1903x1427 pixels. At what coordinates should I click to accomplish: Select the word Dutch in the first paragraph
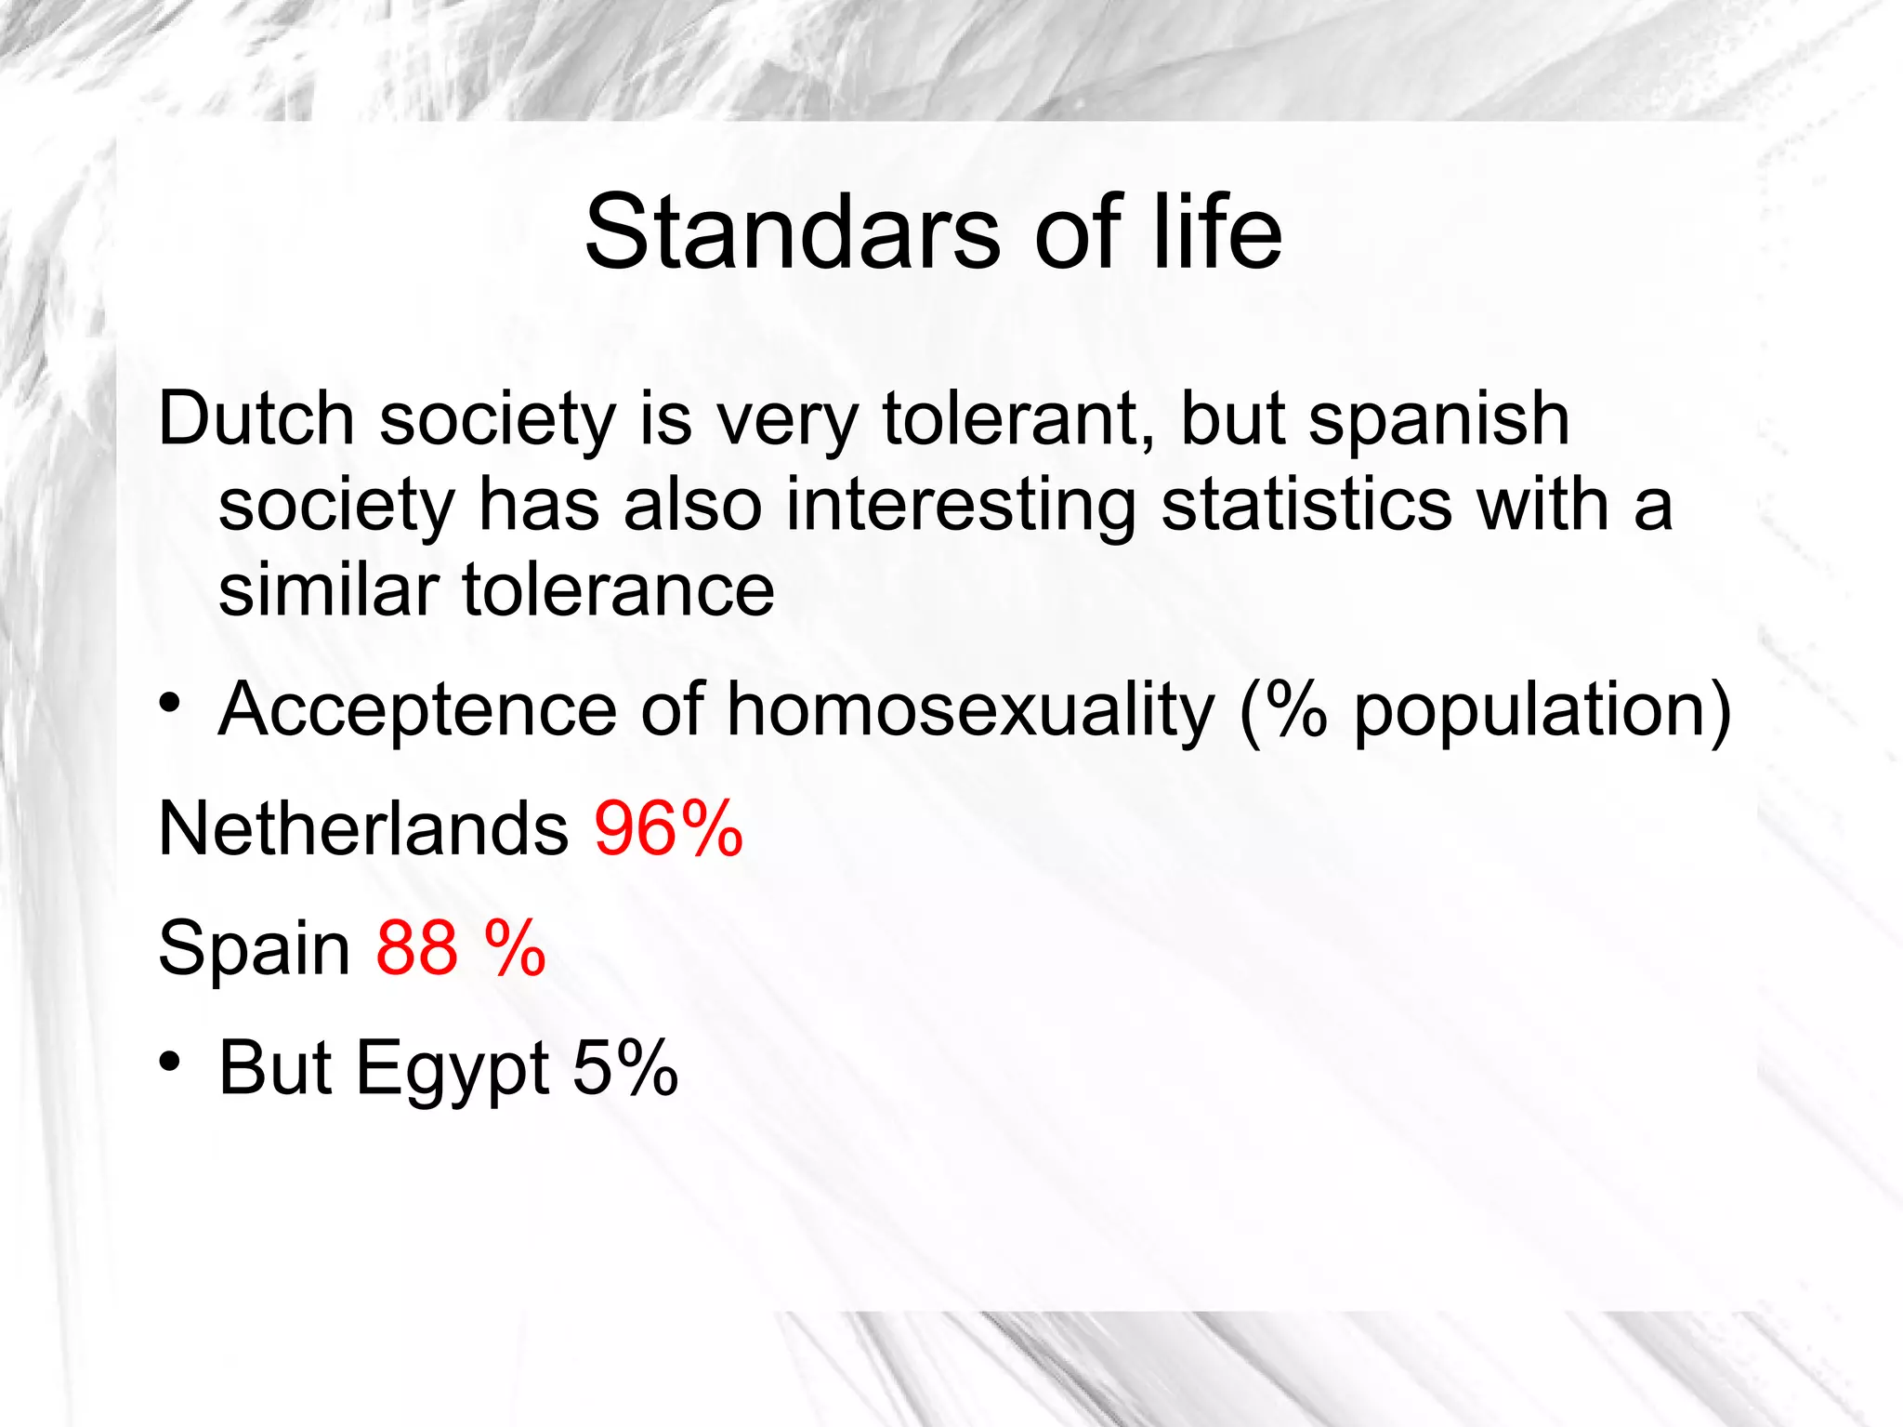[x=256, y=419]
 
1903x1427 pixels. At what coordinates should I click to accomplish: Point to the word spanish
[x=1438, y=419]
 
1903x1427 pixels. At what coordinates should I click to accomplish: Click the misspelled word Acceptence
[x=417, y=710]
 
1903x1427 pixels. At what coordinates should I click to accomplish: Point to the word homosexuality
[x=970, y=710]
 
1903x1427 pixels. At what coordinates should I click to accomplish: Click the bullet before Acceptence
[x=168, y=703]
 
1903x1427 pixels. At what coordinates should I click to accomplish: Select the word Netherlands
[x=363, y=828]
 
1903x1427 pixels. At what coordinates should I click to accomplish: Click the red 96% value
[x=669, y=828]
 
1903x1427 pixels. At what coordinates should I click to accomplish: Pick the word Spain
[x=255, y=948]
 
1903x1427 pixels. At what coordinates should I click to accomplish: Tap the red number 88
[x=417, y=948]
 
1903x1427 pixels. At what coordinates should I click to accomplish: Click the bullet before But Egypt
[x=168, y=1062]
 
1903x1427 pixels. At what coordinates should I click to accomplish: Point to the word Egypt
[x=453, y=1068]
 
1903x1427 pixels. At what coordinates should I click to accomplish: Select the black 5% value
[x=625, y=1068]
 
